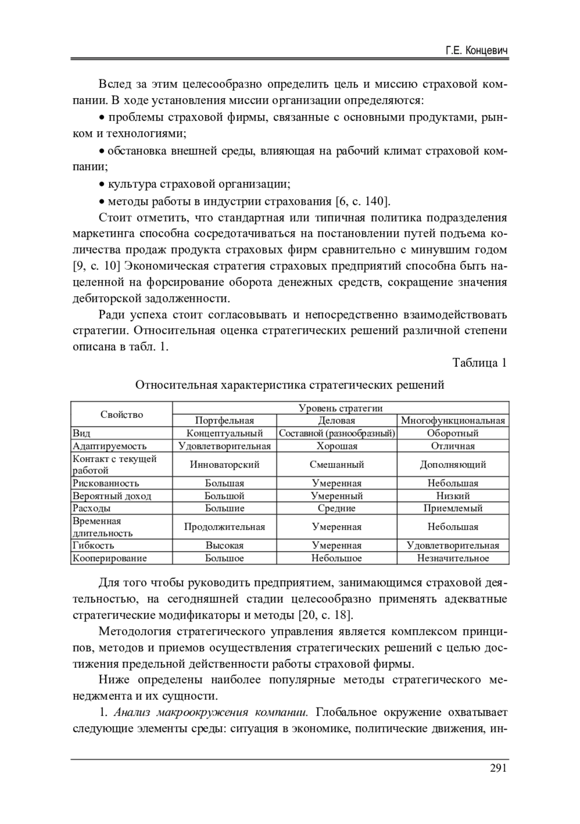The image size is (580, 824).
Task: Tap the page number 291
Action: pos(498,768)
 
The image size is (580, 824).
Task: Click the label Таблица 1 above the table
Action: pos(479,362)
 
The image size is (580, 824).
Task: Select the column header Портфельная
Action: pos(224,420)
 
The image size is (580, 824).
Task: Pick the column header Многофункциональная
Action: pos(453,420)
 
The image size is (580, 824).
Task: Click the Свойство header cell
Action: pos(122,414)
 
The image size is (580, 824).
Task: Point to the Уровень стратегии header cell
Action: pos(340,408)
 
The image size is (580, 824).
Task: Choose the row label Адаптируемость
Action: pos(109,446)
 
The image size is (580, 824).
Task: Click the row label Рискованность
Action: pos(106,483)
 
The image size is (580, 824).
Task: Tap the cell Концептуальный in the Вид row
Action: pos(224,433)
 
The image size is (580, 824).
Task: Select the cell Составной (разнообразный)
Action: pos(337,433)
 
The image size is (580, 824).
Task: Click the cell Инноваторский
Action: pos(224,464)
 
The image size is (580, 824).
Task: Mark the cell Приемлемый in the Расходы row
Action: pos(453,508)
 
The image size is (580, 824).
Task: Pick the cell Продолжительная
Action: pos(224,527)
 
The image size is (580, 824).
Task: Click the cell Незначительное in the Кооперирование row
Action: pos(453,558)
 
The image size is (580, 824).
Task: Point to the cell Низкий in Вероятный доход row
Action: pos(453,495)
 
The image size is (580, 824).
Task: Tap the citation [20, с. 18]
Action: pos(326,615)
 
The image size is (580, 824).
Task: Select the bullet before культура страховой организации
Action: pos(101,185)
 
